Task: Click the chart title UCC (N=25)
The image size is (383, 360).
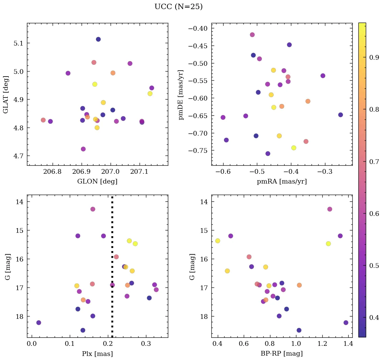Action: [178, 7]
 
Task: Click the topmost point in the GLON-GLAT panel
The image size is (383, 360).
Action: [98, 39]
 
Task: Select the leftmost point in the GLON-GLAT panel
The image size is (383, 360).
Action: [43, 120]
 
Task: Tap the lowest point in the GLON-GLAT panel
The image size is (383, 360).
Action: [83, 149]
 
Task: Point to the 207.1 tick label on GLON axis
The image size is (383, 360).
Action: [139, 172]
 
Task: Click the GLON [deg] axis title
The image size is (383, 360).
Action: [97, 182]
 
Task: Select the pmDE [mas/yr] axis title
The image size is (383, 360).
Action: [181, 95]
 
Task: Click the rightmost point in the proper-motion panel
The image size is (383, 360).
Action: [341, 115]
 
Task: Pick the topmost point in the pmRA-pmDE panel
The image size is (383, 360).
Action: [252, 35]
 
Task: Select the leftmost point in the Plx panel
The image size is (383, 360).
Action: [39, 323]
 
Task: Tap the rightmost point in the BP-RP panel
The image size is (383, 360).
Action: [346, 323]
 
